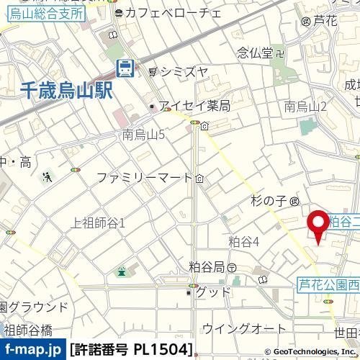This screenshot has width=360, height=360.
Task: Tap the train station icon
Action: click(125, 68)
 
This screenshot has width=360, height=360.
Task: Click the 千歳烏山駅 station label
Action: click(67, 91)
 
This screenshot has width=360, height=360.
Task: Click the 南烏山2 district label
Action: click(306, 107)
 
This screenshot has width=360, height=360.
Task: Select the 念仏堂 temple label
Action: click(256, 52)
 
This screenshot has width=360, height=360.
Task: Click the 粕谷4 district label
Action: click(243, 241)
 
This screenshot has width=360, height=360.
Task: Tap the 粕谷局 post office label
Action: click(207, 267)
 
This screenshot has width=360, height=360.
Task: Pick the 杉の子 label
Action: click(269, 200)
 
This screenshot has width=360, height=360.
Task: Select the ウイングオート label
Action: click(244, 328)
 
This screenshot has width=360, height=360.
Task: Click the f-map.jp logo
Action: click(32, 350)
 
